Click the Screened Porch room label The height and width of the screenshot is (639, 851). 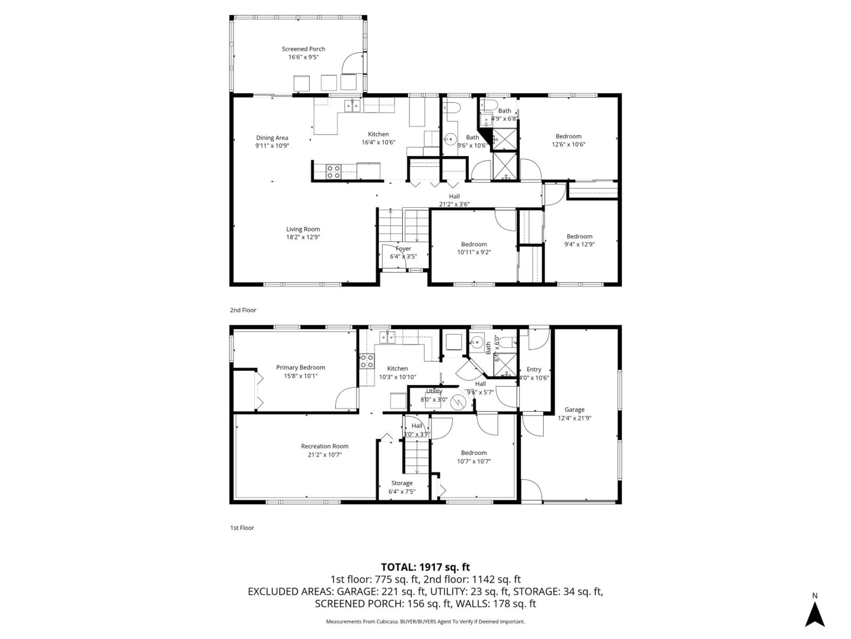point(303,49)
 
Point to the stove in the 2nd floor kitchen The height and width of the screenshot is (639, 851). point(333,172)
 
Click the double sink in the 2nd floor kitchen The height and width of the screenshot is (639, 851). point(352,105)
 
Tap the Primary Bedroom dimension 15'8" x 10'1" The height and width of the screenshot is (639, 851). point(301,376)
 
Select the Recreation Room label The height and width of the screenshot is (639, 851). point(325,446)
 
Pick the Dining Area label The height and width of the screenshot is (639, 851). point(272,138)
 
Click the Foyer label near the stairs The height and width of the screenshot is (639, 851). point(403,249)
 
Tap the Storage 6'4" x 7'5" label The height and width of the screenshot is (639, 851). point(402,487)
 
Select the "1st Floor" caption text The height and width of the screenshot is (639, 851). point(242,528)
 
